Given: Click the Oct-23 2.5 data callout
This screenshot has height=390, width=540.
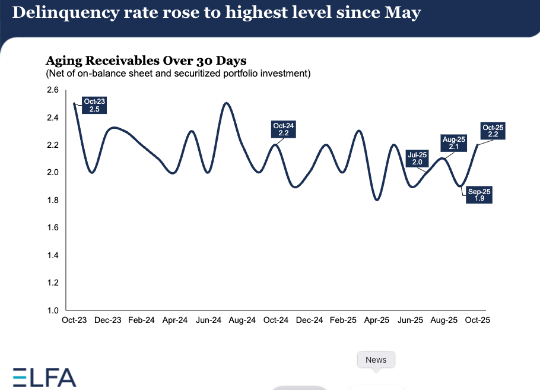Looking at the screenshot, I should tap(94, 106).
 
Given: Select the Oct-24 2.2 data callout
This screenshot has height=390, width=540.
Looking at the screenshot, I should tap(284, 130).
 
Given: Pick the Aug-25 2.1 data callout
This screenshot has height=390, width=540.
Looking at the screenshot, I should tap(454, 143).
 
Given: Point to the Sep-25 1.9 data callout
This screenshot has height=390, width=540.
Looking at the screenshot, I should tap(479, 195).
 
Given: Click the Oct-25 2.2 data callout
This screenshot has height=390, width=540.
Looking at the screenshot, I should tap(493, 131).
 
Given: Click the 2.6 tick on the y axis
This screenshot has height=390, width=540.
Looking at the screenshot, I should tap(53, 90).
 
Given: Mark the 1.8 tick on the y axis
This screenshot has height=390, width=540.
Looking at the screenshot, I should tap(53, 200).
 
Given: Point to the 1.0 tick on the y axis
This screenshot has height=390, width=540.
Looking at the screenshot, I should tap(53, 310).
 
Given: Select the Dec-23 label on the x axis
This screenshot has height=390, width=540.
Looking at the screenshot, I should tap(108, 320).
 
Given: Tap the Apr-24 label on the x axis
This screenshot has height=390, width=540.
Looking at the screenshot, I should tap(175, 320).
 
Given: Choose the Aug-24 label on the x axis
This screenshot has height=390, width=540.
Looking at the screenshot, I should tap(242, 320).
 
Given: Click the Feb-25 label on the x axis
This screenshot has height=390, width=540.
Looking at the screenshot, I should tap(343, 320).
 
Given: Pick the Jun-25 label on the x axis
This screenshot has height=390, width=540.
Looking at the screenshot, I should tap(410, 320).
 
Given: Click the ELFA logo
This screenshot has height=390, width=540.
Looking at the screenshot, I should tap(45, 378).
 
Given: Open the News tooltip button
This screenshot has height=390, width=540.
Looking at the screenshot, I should tap(376, 360).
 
